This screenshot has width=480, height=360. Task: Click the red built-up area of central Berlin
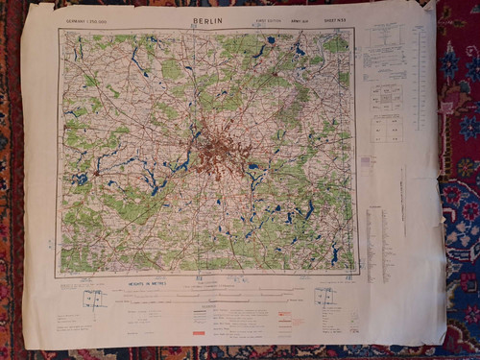pos(221,152)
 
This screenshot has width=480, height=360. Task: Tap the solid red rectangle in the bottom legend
pos(198,333)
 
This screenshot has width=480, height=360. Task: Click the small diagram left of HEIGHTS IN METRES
pos(94,300)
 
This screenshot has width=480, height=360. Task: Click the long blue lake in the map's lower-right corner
pos(334,254)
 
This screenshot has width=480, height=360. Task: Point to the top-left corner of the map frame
pos(60,31)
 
